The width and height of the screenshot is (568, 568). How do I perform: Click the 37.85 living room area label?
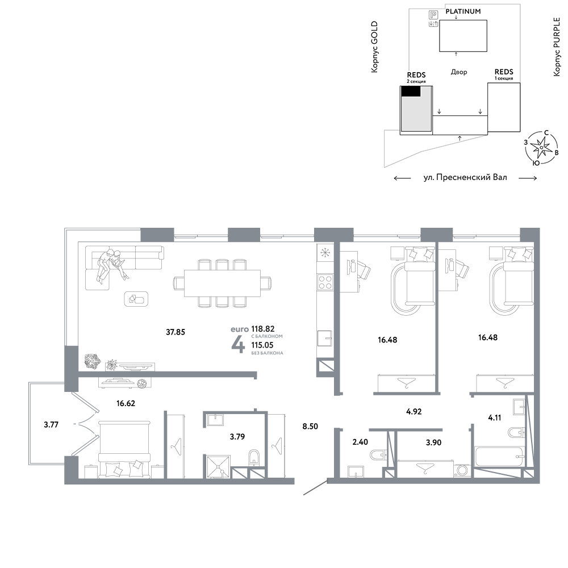tap(176, 332)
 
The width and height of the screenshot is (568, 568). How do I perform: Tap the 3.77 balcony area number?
tap(51, 424)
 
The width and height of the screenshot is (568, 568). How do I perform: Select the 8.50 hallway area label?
tap(310, 427)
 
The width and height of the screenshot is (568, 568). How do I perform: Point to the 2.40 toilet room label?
tap(360, 442)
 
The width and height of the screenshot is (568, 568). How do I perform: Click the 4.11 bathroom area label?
tap(495, 417)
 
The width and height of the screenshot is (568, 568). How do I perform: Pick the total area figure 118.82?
tap(263, 328)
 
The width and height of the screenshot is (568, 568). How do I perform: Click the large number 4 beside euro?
tap(238, 344)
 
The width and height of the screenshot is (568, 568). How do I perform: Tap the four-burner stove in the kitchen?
tap(325, 282)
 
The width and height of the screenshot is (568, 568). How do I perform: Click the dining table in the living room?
tap(222, 283)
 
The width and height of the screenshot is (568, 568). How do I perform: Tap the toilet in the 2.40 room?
tap(378, 454)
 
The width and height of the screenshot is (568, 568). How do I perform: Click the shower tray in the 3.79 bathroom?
tap(219, 467)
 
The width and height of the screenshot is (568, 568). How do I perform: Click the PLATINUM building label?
tap(463, 11)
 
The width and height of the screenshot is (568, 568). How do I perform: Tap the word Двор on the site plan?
tap(459, 72)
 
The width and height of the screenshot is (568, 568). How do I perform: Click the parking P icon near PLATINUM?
tap(433, 15)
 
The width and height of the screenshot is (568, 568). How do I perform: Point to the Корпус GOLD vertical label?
tap(374, 47)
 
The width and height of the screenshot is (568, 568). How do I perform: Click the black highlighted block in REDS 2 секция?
tap(411, 91)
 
